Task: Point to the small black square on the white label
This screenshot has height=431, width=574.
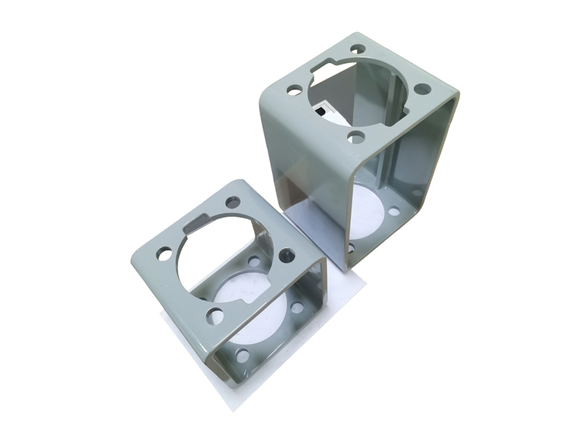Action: pos(319,111)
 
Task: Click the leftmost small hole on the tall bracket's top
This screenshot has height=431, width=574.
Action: pos(294,91)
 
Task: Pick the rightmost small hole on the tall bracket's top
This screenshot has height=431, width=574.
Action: pos(423,89)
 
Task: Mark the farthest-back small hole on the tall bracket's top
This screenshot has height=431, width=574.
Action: pos(357,50)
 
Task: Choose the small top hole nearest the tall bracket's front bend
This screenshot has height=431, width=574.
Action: pos(357,136)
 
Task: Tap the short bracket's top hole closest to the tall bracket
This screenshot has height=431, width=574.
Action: pos(287,254)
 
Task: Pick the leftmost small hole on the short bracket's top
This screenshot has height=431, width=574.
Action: pos(164,254)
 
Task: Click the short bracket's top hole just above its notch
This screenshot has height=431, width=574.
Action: pos(232,202)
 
